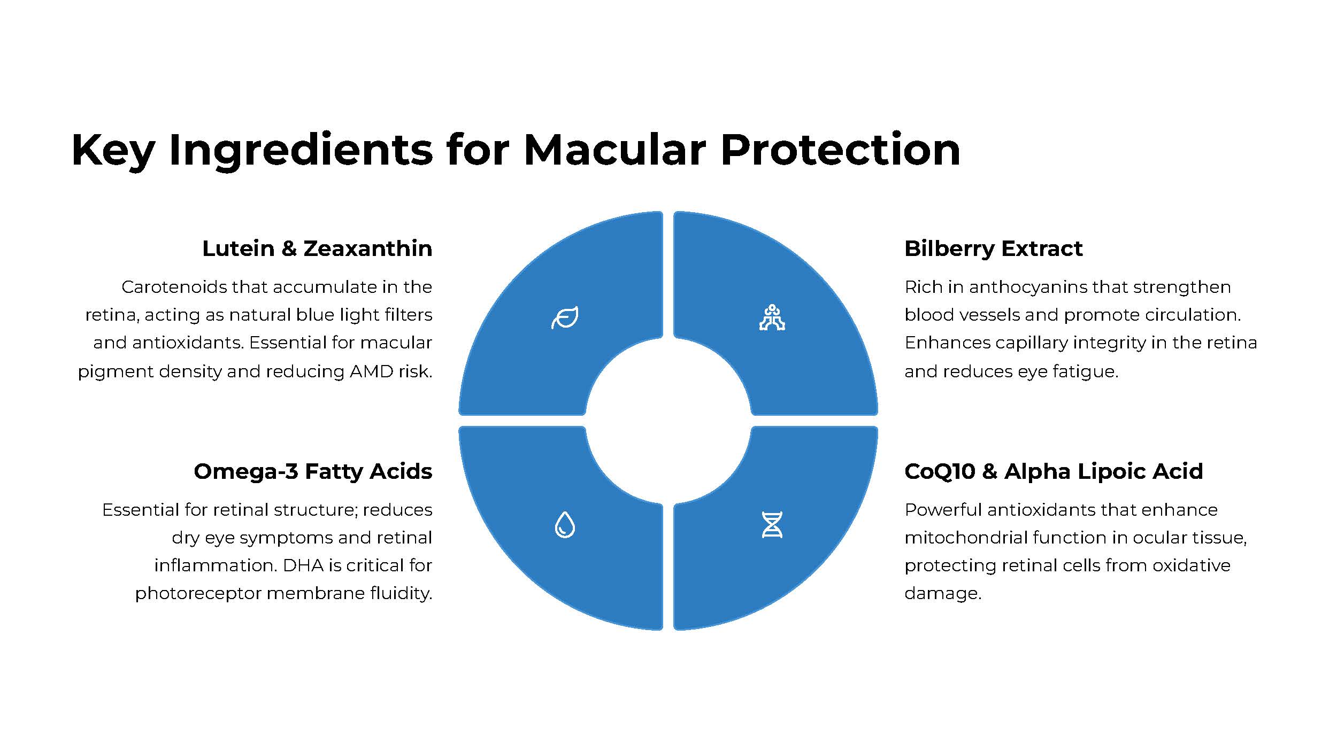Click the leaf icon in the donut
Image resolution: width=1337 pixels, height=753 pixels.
(565, 317)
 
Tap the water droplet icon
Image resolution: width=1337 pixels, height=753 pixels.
(565, 524)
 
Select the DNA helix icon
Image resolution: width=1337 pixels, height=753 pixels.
(772, 524)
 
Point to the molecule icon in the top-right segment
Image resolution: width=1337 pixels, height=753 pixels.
(772, 317)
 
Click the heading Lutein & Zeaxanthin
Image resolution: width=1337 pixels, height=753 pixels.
(317, 249)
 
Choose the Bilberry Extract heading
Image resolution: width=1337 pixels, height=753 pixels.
(993, 249)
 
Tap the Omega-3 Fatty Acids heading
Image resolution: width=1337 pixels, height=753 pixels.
(313, 471)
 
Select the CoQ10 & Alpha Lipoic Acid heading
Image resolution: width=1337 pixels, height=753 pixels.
(1054, 471)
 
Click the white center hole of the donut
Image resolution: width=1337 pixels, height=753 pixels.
(668, 421)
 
